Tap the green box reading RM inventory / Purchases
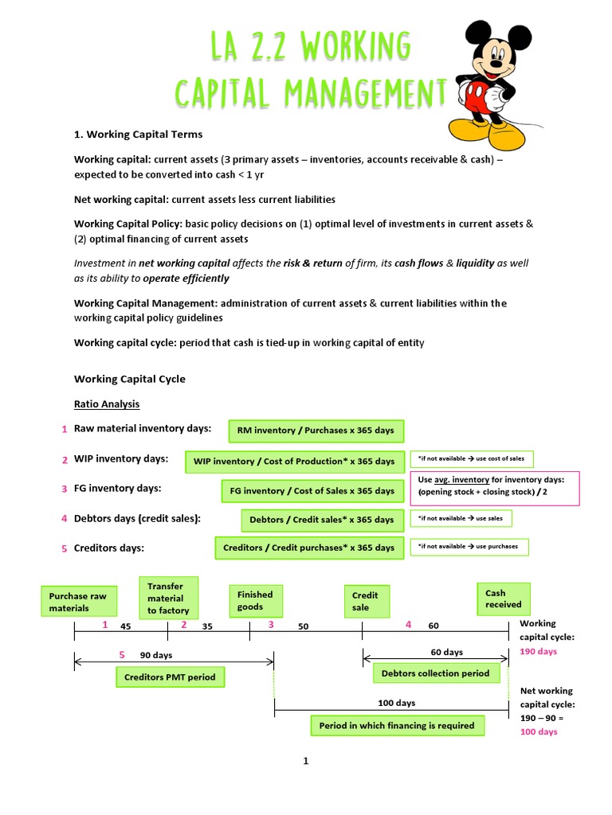click(316, 431)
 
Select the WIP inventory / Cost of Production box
click(294, 462)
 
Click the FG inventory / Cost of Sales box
click(312, 491)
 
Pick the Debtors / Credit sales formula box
click(322, 520)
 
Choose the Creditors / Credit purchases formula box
click(309, 548)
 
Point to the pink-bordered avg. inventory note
click(495, 488)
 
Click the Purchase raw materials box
click(78, 602)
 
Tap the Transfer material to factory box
click(168, 598)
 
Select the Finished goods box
click(256, 601)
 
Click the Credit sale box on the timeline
click(367, 601)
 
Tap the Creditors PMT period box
click(170, 677)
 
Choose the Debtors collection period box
click(436, 673)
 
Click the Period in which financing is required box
click(397, 725)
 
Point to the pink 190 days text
click(539, 651)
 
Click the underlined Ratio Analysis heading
click(107, 404)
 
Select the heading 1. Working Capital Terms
click(139, 134)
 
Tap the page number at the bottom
click(305, 761)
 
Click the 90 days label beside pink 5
click(156, 655)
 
